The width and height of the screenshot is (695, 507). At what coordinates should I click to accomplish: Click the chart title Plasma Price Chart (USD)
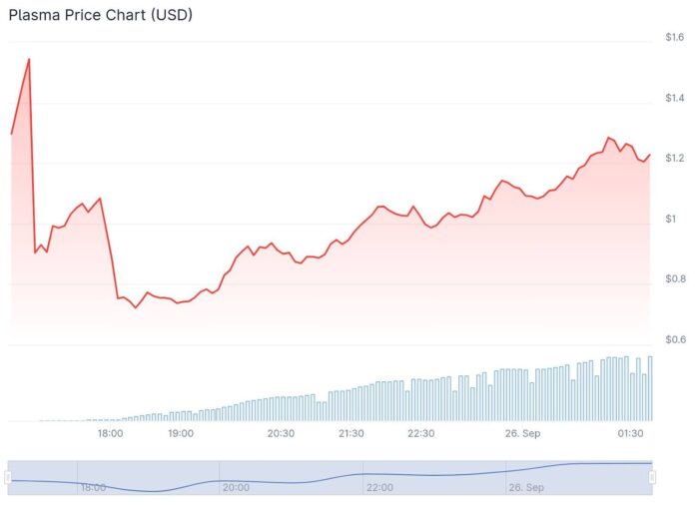[101, 15]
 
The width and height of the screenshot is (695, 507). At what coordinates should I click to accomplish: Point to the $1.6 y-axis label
[674, 38]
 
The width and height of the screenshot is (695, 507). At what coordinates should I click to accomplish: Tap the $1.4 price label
[674, 98]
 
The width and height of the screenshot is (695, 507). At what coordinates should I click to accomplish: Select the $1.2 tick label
[674, 159]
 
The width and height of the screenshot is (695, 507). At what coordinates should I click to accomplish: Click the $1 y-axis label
[671, 219]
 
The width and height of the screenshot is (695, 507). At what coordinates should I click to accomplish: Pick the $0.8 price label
[674, 278]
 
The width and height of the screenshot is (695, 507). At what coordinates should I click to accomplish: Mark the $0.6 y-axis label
[674, 339]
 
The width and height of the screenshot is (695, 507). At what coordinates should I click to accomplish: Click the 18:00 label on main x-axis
[110, 433]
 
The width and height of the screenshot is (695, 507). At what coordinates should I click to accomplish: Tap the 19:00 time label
[181, 433]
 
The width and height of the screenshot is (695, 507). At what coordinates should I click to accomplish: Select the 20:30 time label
[281, 433]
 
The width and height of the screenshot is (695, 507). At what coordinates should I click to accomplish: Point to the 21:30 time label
[350, 433]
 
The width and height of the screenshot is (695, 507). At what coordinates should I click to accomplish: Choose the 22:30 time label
[421, 433]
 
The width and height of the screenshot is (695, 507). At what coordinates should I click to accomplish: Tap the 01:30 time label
[630, 433]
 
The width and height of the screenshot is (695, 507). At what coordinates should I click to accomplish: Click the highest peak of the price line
[29, 59]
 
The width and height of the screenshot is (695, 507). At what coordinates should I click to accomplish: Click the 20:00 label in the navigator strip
[236, 487]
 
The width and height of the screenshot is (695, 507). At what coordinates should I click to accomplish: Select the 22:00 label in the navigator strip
[378, 487]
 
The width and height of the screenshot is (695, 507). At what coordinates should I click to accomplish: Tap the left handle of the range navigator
[9, 478]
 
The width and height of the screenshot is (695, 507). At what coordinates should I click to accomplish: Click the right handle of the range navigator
[653, 478]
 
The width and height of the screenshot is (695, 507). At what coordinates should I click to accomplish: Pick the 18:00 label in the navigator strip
[93, 487]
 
